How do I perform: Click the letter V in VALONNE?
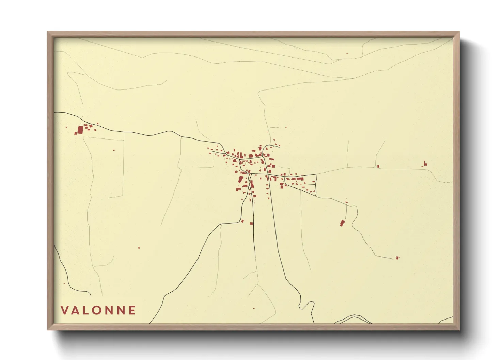[x=64, y=310]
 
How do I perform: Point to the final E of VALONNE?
[x=132, y=310]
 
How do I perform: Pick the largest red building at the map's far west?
[x=80, y=130]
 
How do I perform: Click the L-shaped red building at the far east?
[x=425, y=164]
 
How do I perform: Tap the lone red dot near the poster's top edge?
[x=347, y=53]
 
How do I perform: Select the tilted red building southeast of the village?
[x=342, y=223]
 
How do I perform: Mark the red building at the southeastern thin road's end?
[x=397, y=258]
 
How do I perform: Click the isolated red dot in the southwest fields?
[x=139, y=248]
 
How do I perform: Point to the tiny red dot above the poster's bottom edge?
[x=254, y=308]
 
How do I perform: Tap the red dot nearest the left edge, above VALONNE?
[x=64, y=284]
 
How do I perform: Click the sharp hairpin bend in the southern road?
[x=301, y=305]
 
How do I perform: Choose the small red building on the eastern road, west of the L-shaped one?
[x=378, y=166]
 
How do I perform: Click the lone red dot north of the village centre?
[x=286, y=128]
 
